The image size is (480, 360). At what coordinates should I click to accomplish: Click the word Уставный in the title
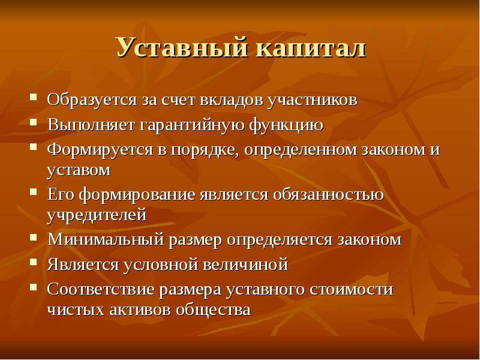coord(182,48)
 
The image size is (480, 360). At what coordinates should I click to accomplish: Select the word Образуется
coord(92,100)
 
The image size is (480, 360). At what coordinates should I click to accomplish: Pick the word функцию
coord(286,125)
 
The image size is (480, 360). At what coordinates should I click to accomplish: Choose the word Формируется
coord(100,150)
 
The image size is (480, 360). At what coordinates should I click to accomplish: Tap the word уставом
coord(79,170)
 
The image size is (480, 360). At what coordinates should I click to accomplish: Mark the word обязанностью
coord(328,194)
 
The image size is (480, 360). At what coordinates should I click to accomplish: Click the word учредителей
coord(97,215)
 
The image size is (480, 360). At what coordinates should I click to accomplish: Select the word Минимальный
coord(106,239)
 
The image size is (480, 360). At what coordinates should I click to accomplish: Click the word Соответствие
coord(100,290)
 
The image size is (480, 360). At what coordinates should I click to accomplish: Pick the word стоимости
coord(352,290)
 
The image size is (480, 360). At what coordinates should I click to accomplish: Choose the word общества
coord(213,310)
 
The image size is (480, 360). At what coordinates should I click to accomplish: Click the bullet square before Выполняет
coord(34,122)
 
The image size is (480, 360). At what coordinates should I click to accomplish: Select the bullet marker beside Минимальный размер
coord(34,237)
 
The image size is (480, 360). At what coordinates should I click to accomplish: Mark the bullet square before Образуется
coord(34,97)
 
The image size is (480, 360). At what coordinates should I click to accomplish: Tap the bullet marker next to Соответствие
coord(34,287)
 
